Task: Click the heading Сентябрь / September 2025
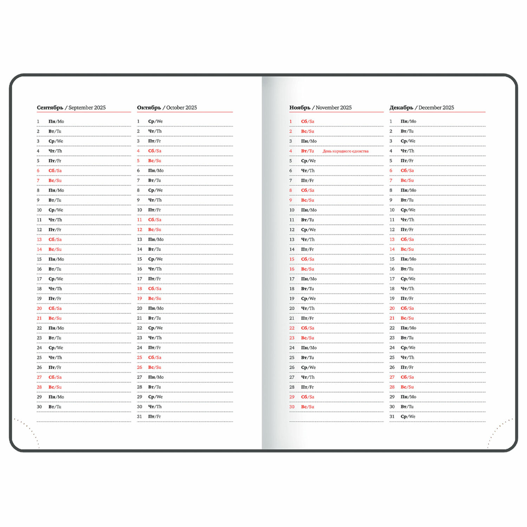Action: (x=71, y=108)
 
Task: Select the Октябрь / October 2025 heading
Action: (x=167, y=108)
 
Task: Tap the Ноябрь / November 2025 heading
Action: (x=320, y=108)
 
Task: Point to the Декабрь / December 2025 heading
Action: (x=422, y=108)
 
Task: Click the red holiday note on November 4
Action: (x=345, y=151)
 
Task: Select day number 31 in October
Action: (x=139, y=417)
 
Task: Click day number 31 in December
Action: (x=392, y=417)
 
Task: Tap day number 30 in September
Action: (x=39, y=407)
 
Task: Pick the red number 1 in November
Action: (x=291, y=122)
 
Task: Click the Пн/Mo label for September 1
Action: (x=56, y=122)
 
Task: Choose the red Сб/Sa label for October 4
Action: (x=155, y=151)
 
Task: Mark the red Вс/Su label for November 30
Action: (x=307, y=407)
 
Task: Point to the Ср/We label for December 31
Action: (x=408, y=417)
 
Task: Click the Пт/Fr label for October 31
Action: (x=154, y=417)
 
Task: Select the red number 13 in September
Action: (x=39, y=240)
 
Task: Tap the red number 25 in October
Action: (x=139, y=358)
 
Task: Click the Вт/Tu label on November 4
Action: (x=307, y=151)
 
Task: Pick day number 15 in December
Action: (x=392, y=259)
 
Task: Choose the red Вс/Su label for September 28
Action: (x=55, y=387)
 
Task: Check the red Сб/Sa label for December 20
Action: (x=407, y=308)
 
